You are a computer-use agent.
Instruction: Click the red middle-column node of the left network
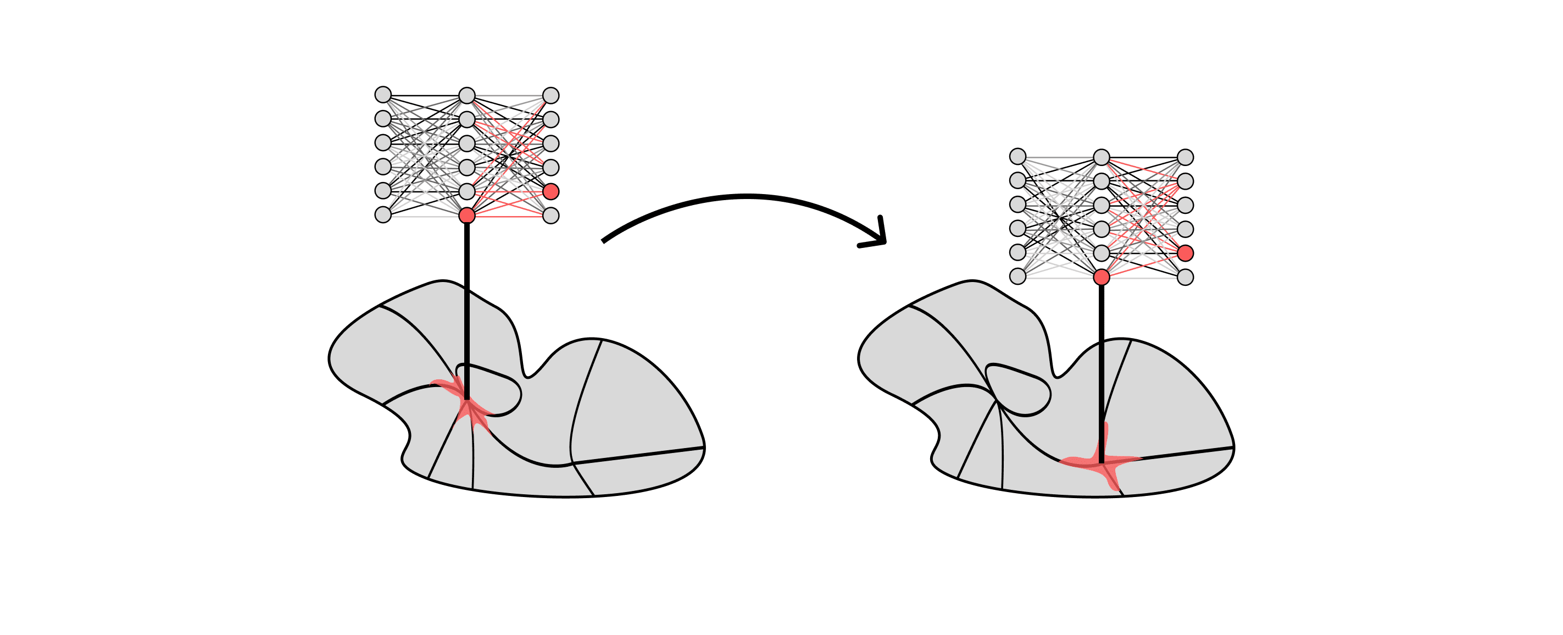pos(466,216)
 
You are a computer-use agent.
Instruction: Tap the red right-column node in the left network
pos(550,192)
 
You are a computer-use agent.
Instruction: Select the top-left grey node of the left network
pos(383,95)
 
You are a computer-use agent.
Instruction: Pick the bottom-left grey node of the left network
pos(383,215)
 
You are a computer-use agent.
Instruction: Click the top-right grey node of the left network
pos(550,95)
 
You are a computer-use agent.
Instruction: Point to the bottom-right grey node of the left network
pos(550,216)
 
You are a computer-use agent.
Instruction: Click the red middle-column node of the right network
pos(1102,278)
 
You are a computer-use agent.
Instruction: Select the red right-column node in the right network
pos(1185,253)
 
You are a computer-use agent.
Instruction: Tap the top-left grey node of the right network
pos(1017,157)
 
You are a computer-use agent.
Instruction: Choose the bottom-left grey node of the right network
pos(1017,276)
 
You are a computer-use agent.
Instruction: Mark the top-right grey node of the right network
pos(1185,157)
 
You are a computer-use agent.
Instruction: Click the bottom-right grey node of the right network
pos(1185,278)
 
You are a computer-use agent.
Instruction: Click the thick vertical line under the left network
pos(466,303)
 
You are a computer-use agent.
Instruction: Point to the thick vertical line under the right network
pos(1102,365)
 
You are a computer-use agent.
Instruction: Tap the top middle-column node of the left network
pos(466,95)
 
